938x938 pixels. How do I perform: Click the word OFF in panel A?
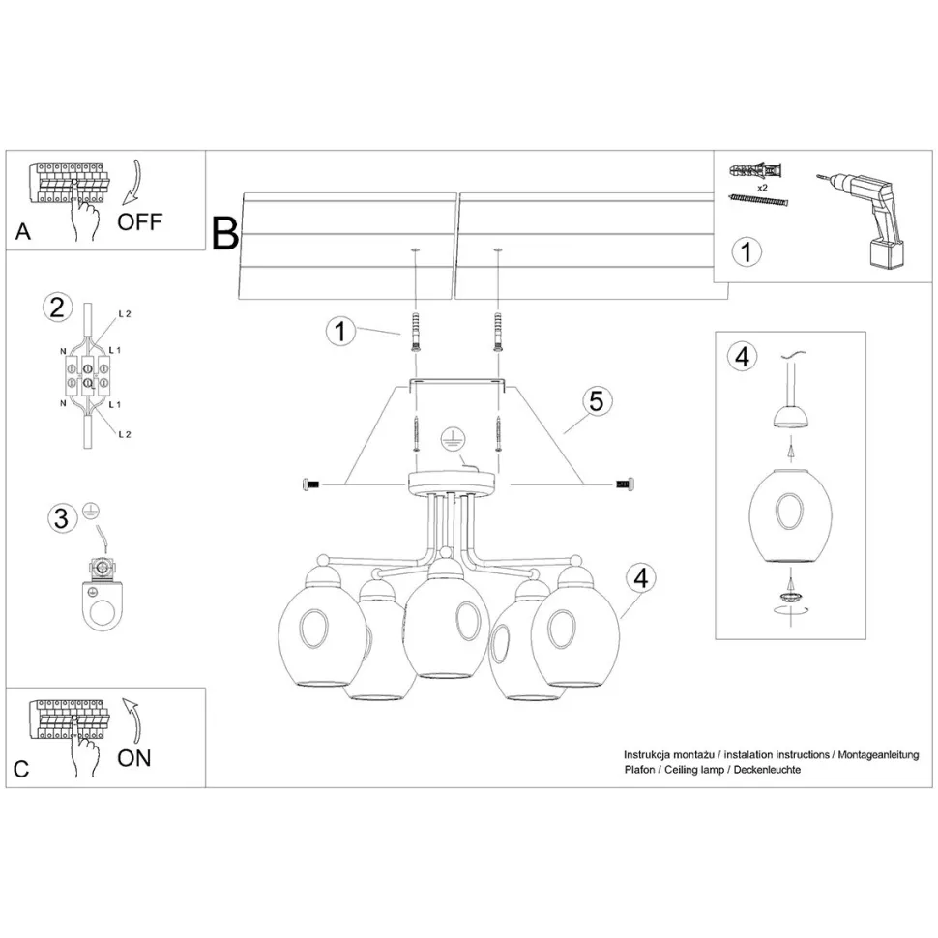[x=140, y=221]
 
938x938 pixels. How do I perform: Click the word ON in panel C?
[x=134, y=757]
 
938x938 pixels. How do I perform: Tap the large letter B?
[x=225, y=233]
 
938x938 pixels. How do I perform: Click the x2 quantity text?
[x=762, y=186]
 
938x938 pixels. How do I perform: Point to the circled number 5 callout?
[x=597, y=401]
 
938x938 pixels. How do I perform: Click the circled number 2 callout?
[x=57, y=308]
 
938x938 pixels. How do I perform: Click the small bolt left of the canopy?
[x=312, y=483]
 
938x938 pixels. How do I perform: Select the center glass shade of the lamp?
[x=444, y=625]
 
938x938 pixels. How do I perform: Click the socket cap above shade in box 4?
[x=790, y=416]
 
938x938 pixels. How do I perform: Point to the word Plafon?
[x=640, y=769]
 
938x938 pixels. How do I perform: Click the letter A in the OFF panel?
[x=24, y=232]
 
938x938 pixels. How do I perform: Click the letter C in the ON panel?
[x=21, y=771]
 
